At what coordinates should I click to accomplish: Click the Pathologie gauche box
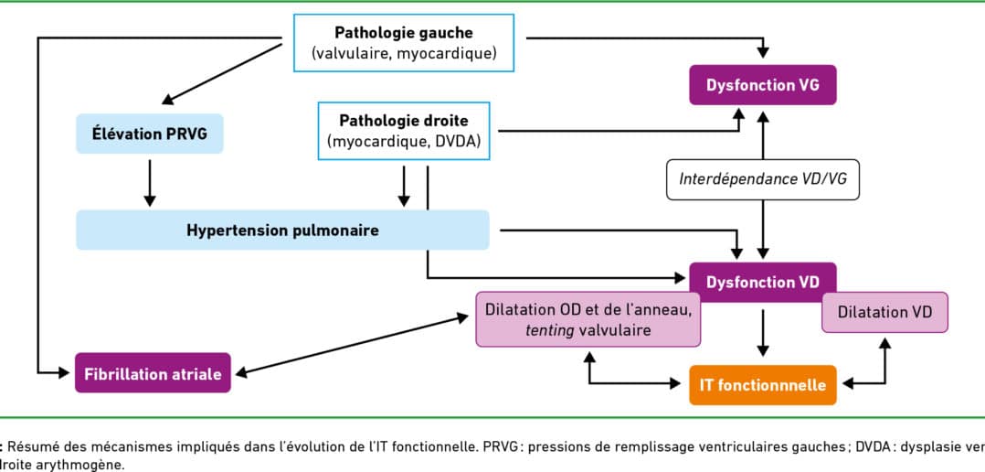click(x=404, y=43)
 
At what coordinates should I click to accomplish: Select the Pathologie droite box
click(x=404, y=131)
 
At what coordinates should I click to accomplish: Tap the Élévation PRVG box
click(x=150, y=134)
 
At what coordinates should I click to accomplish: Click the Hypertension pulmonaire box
click(x=282, y=230)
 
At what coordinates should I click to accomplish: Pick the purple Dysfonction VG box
click(x=763, y=85)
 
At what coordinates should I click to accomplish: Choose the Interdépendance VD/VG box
click(x=763, y=179)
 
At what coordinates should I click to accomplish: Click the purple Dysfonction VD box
click(x=763, y=283)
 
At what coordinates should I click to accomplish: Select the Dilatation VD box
click(x=884, y=312)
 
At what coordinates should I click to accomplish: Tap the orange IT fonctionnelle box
click(x=763, y=384)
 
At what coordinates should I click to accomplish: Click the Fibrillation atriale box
click(x=153, y=373)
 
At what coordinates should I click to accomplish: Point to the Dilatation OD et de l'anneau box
click(x=588, y=319)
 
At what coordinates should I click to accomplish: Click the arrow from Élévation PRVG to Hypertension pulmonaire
click(x=150, y=182)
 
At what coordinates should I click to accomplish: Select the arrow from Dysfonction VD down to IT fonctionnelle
click(x=763, y=332)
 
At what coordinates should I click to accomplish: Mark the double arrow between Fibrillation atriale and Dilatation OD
click(x=352, y=347)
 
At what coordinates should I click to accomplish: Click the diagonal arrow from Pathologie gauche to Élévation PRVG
click(x=221, y=71)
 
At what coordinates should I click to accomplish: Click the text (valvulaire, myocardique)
click(x=404, y=53)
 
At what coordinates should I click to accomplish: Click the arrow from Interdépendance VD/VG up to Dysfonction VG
click(x=763, y=135)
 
